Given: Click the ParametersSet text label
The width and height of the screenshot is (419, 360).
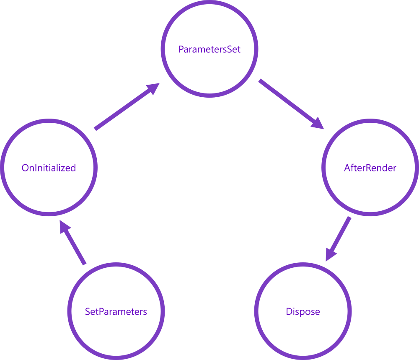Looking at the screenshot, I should click(209, 49).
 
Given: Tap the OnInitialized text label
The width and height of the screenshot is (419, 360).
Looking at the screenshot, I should click(49, 168).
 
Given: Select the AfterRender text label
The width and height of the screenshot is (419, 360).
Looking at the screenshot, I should click(370, 168).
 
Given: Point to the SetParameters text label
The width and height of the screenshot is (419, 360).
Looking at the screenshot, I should click(116, 312).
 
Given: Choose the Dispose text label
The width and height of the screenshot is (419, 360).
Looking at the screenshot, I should click(303, 312).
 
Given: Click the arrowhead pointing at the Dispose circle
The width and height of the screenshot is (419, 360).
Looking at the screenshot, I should click(331, 254).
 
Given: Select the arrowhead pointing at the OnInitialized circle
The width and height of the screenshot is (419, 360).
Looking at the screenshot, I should click(65, 228).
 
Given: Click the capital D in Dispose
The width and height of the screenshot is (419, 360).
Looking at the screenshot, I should click(289, 312).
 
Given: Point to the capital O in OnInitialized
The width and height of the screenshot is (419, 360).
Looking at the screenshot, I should click(25, 168).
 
